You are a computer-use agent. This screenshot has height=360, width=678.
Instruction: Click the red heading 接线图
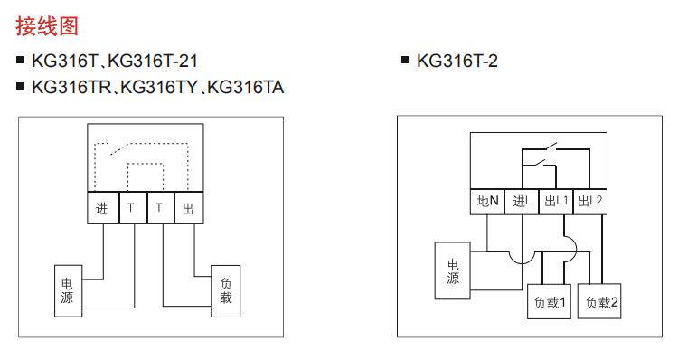47,26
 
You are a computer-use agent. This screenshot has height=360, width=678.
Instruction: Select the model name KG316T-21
153,61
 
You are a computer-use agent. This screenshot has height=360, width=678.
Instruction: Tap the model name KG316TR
71,87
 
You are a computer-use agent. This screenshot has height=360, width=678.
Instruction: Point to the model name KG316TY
159,87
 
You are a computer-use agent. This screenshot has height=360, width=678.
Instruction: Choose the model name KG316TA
245,87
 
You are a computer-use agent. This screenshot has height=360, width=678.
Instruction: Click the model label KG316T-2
457,61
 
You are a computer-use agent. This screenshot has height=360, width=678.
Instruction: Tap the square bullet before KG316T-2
405,60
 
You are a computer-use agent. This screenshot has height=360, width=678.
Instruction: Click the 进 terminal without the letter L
103,208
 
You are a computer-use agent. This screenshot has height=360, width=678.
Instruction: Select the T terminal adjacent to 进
133,208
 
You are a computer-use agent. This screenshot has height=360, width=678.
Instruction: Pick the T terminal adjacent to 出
161,208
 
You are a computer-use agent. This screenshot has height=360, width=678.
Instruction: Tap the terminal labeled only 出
189,208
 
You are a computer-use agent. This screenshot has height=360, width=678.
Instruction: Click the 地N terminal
487,201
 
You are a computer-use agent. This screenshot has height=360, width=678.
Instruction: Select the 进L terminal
522,201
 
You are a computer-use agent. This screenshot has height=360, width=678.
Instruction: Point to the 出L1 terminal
556,201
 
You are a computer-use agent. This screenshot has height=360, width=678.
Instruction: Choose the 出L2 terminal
589,201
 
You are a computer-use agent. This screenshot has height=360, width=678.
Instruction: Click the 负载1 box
549,301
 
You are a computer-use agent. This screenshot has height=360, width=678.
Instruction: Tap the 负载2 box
599,301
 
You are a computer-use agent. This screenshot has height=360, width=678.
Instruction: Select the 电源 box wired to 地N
452,270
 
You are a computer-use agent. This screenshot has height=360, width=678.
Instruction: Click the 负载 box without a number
226,290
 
